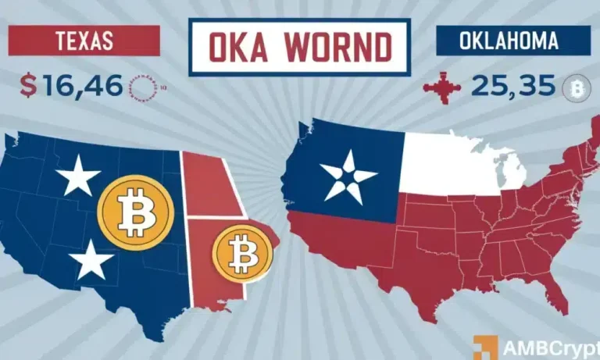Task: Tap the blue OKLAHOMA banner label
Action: [x=501, y=40]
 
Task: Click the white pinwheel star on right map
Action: [x=344, y=176]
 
